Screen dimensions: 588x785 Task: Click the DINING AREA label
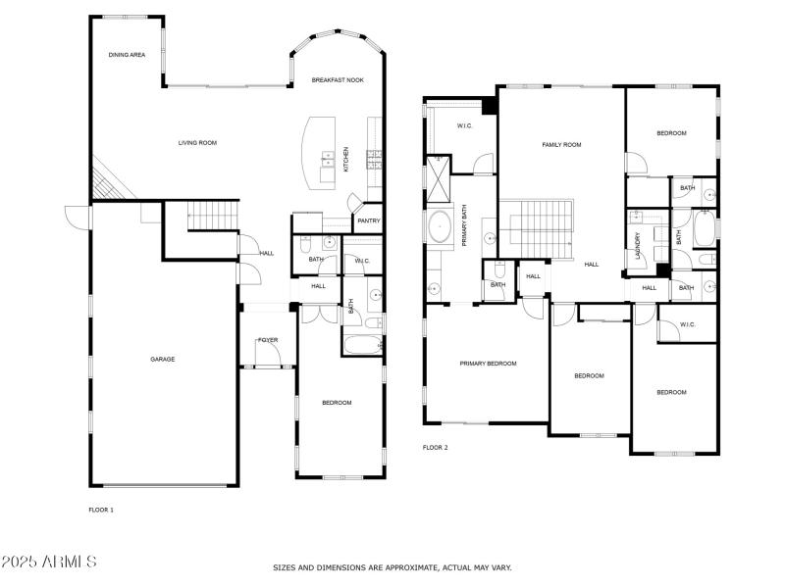click(x=127, y=55)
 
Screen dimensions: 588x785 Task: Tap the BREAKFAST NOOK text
click(x=338, y=79)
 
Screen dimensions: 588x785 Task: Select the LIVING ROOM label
click(x=197, y=143)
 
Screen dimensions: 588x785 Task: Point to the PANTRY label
click(x=369, y=220)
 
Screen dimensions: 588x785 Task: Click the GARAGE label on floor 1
click(x=162, y=360)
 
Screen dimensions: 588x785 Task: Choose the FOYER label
click(x=268, y=340)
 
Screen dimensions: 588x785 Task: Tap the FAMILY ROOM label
click(x=561, y=145)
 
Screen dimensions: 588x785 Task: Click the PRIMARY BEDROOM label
click(x=488, y=364)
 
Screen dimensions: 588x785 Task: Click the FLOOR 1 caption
click(x=101, y=510)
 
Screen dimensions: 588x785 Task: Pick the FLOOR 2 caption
click(x=435, y=447)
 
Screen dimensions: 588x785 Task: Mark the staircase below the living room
click(x=213, y=215)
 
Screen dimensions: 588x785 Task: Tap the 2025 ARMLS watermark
click(x=49, y=563)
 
